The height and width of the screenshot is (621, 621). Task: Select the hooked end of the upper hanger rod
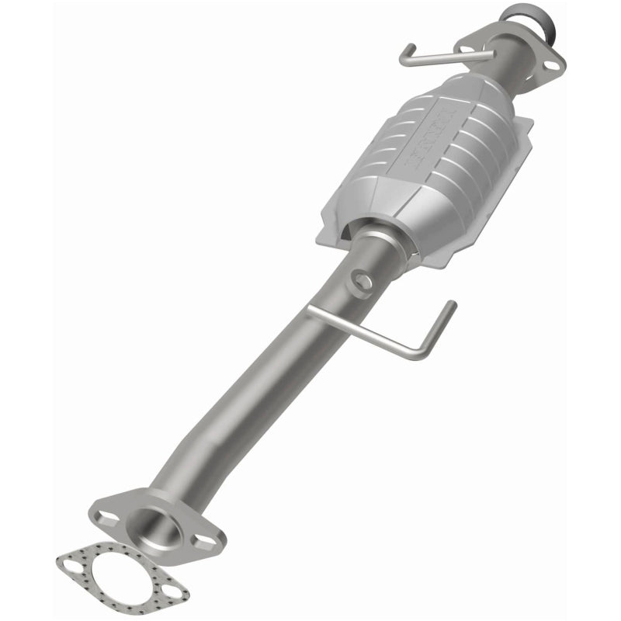pos(404,58)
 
